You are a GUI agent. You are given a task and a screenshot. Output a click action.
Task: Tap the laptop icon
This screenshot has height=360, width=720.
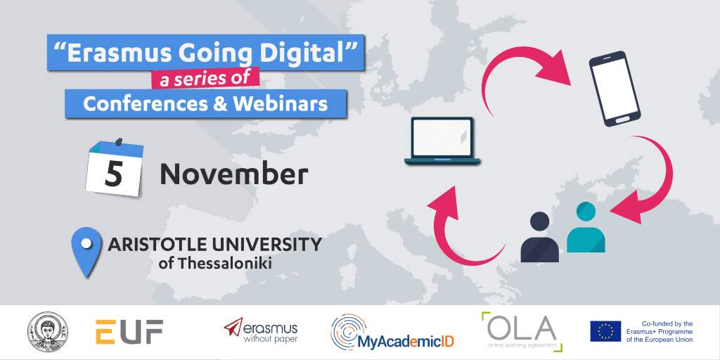coord(442,141)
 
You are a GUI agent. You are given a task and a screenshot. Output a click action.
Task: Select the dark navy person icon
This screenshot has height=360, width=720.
coord(539,238)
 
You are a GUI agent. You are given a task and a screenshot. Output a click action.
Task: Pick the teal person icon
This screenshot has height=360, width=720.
coord(586,229)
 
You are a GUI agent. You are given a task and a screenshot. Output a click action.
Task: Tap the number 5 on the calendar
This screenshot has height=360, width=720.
coord(113,174)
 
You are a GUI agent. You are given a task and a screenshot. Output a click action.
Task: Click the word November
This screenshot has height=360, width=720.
coord(234,173)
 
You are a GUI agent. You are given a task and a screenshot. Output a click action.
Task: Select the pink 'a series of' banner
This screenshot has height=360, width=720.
coord(205,77)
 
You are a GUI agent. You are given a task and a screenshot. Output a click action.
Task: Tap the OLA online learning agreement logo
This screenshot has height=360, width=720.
coord(521,330)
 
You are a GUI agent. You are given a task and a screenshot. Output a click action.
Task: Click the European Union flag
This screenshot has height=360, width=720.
coord(605,330)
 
